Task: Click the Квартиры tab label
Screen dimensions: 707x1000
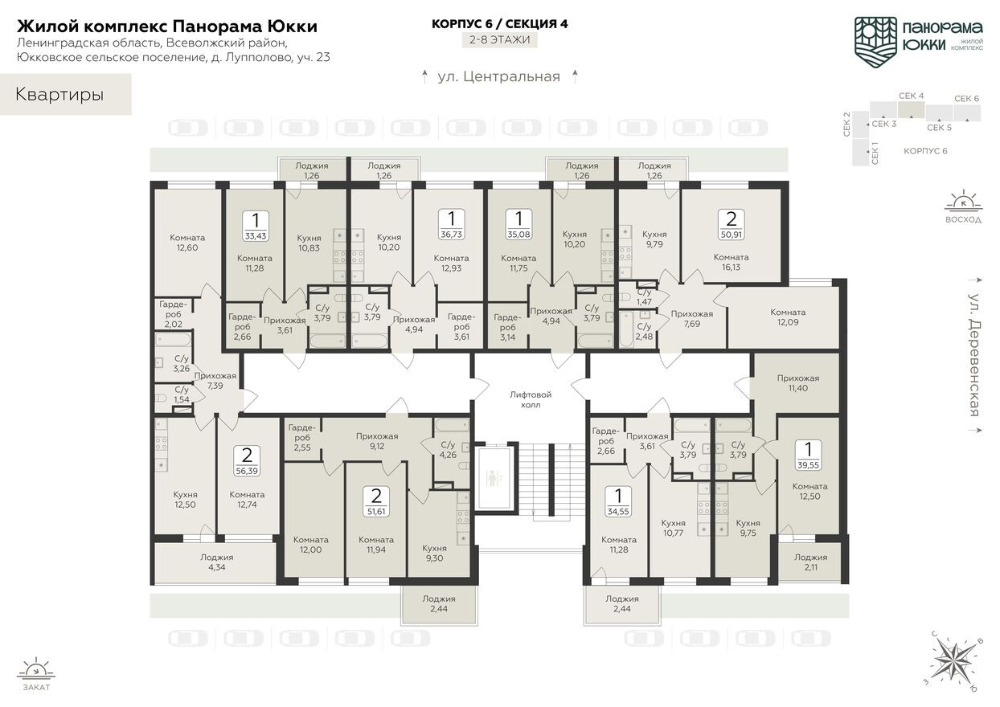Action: tap(59, 95)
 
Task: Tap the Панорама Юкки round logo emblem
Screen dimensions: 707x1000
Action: tap(875, 38)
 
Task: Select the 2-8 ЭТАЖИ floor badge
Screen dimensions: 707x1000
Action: tap(500, 39)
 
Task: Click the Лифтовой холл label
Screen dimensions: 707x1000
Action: tap(531, 399)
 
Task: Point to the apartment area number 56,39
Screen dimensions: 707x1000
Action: tap(247, 472)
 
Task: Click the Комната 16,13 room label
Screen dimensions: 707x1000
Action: tap(731, 263)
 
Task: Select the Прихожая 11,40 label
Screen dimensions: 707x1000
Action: tap(797, 382)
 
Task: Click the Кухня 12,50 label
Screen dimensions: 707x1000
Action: tap(185, 500)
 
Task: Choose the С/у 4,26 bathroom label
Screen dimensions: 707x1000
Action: tap(448, 450)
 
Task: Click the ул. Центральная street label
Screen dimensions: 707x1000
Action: tap(498, 77)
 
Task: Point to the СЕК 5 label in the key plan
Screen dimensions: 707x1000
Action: tap(939, 127)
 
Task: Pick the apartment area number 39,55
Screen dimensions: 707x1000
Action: tap(808, 464)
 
